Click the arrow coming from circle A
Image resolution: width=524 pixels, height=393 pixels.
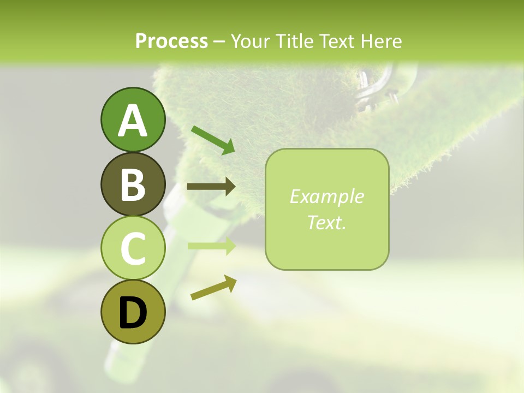(213, 139)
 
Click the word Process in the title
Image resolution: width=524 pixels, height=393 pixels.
(171, 41)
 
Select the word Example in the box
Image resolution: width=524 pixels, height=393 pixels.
(326, 196)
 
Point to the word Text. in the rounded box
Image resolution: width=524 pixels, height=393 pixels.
(326, 222)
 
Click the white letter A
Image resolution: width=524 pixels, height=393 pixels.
(133, 121)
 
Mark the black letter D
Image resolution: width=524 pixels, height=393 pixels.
(133, 313)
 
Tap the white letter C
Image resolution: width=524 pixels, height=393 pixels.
(133, 248)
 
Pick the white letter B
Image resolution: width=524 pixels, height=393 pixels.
(133, 185)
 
